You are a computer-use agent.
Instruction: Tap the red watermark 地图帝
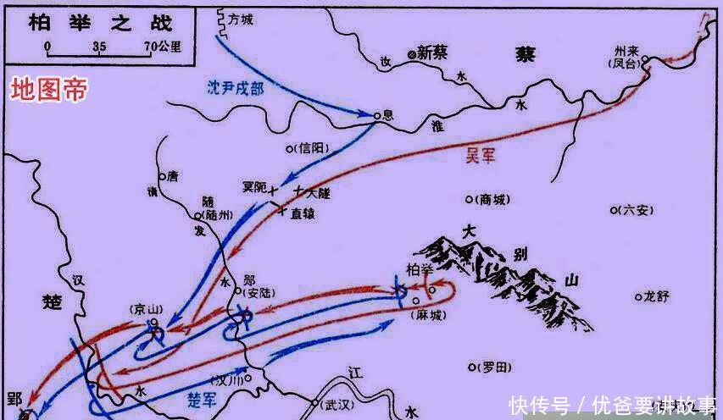pyautogui.click(x=47, y=92)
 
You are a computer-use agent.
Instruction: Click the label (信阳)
pyautogui.click(x=311, y=148)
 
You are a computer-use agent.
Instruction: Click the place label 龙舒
pyautogui.click(x=657, y=296)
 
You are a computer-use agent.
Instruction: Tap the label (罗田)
pyautogui.click(x=492, y=367)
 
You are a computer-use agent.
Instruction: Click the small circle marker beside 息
pyautogui.click(x=378, y=115)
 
